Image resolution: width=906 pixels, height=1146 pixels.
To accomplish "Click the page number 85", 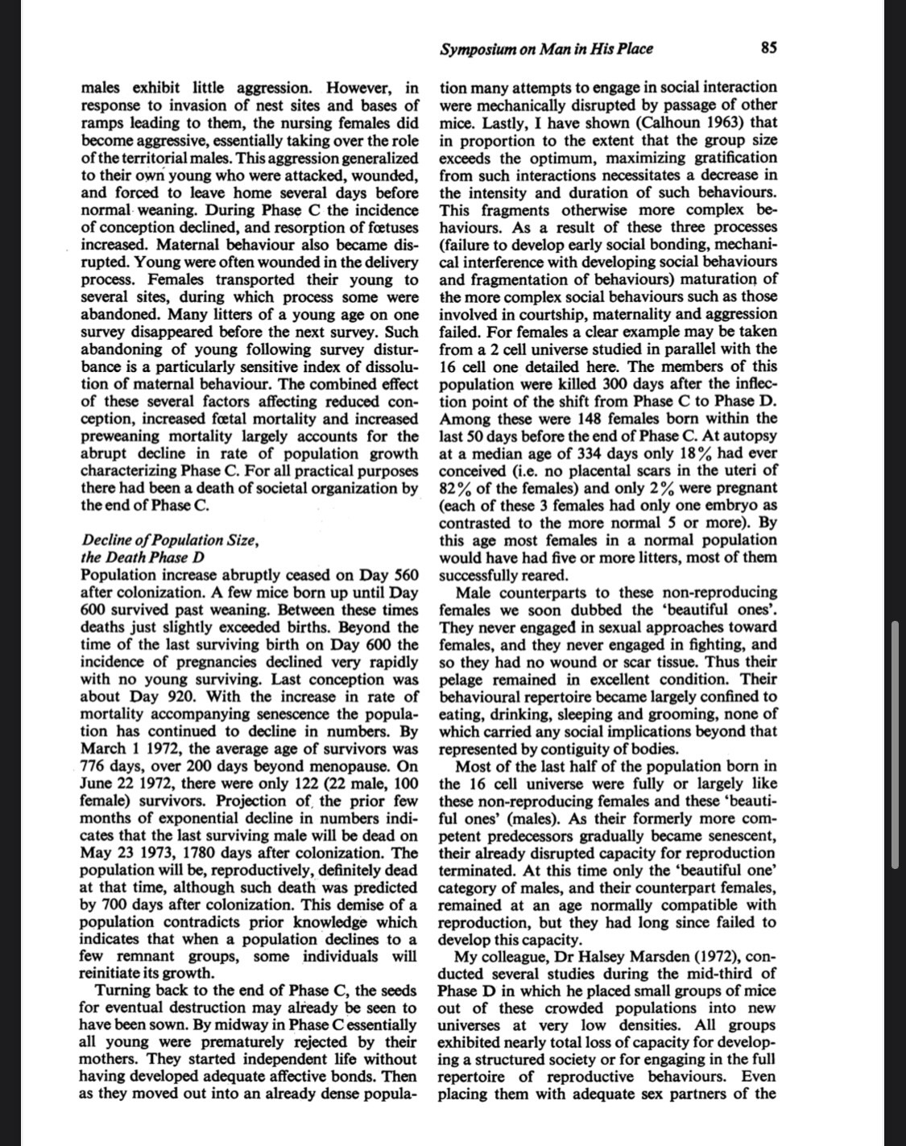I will [768, 48].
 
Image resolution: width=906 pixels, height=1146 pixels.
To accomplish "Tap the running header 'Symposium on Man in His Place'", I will [546, 48].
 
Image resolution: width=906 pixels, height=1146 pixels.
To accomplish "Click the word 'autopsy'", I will [751, 436].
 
